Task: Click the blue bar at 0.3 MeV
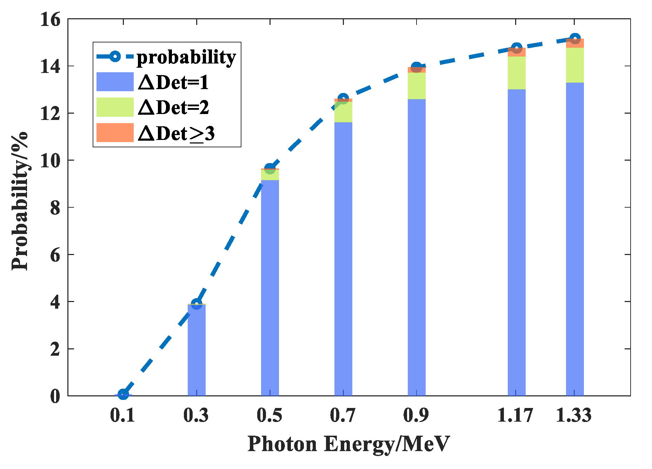click(x=197, y=351)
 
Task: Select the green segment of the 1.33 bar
click(x=574, y=65)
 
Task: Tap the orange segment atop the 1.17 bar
click(x=517, y=52)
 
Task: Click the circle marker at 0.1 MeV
click(x=123, y=394)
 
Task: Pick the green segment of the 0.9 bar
click(x=417, y=86)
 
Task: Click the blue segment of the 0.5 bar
click(x=270, y=288)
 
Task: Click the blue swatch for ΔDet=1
click(x=115, y=82)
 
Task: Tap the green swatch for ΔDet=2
click(x=115, y=107)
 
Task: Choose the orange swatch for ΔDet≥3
click(x=115, y=133)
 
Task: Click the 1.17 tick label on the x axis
click(x=515, y=416)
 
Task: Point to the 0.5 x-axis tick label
click(x=270, y=416)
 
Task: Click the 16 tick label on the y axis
click(x=50, y=19)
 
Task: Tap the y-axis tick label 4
click(x=55, y=302)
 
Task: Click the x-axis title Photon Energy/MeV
click(x=348, y=444)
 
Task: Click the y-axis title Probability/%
click(x=20, y=201)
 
